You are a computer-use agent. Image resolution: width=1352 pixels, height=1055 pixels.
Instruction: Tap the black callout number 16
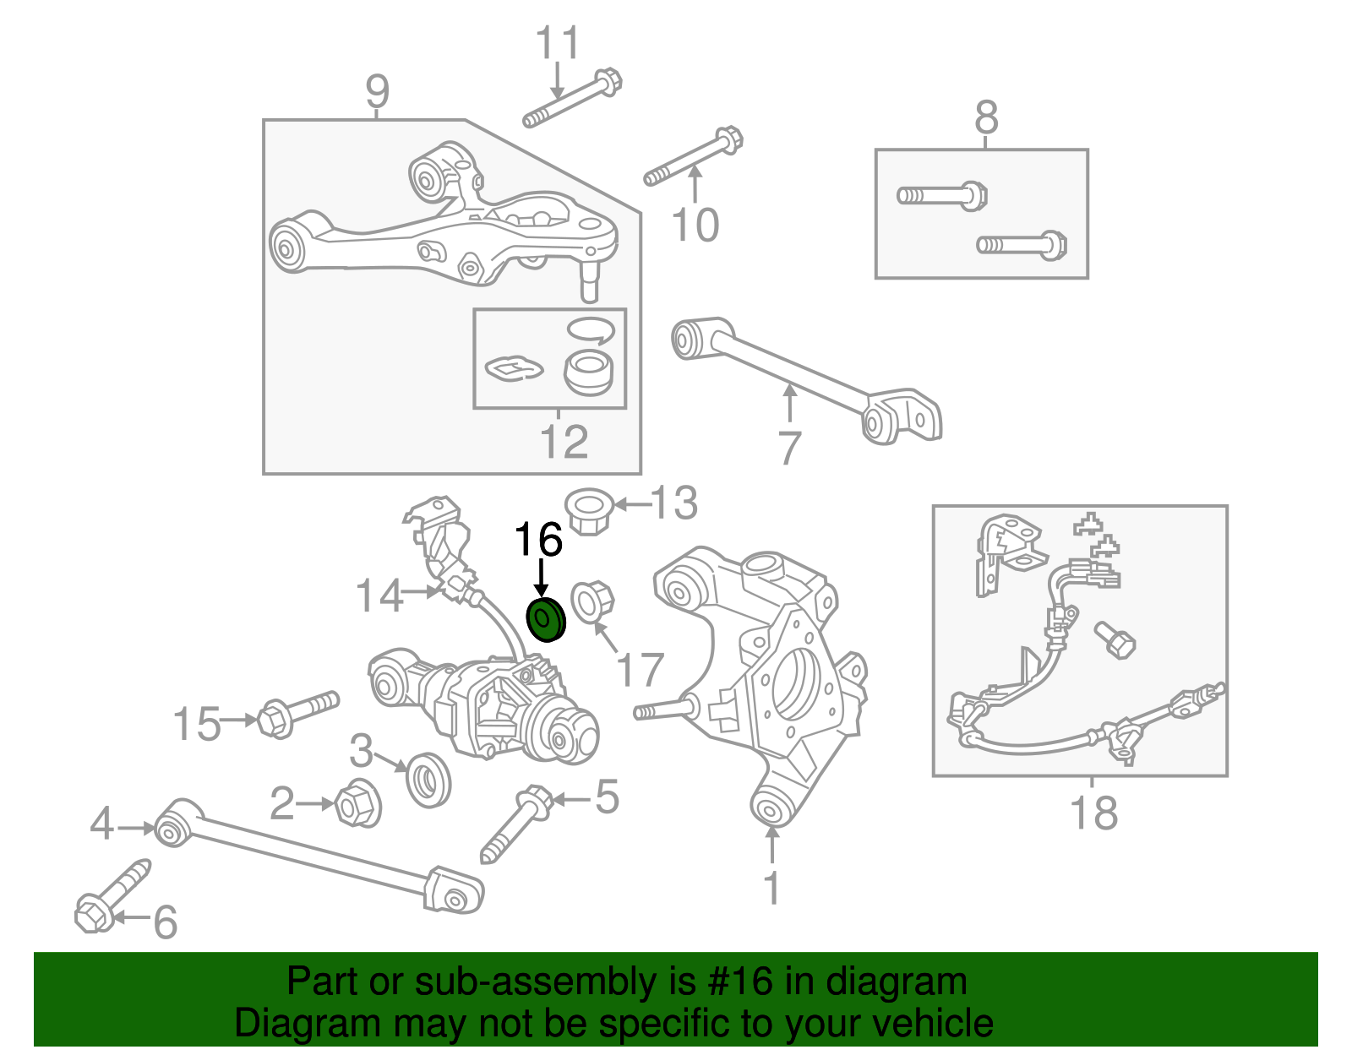(x=538, y=540)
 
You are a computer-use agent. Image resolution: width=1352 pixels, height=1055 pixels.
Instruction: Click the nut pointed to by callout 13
(x=589, y=509)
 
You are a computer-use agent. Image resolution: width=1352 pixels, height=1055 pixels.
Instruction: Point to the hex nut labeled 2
(x=357, y=804)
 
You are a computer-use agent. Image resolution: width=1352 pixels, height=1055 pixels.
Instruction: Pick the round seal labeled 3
(x=428, y=780)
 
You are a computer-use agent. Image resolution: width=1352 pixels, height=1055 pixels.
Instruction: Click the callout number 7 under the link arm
(x=788, y=448)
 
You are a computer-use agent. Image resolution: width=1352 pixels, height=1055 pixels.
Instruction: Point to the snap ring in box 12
(x=589, y=330)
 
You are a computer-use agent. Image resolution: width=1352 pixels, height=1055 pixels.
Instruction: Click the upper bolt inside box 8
(x=941, y=196)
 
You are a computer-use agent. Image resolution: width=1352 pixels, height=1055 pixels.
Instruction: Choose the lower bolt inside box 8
(x=1022, y=246)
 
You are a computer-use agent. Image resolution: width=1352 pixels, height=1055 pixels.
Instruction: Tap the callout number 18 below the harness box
(x=1093, y=813)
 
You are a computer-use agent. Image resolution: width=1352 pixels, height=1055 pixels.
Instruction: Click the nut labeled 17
(x=591, y=601)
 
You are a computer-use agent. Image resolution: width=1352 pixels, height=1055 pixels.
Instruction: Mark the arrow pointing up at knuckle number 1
(x=771, y=844)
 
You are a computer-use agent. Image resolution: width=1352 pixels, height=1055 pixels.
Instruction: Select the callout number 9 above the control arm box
(x=377, y=90)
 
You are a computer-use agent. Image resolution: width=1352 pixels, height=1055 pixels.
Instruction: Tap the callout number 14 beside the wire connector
(x=379, y=595)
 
